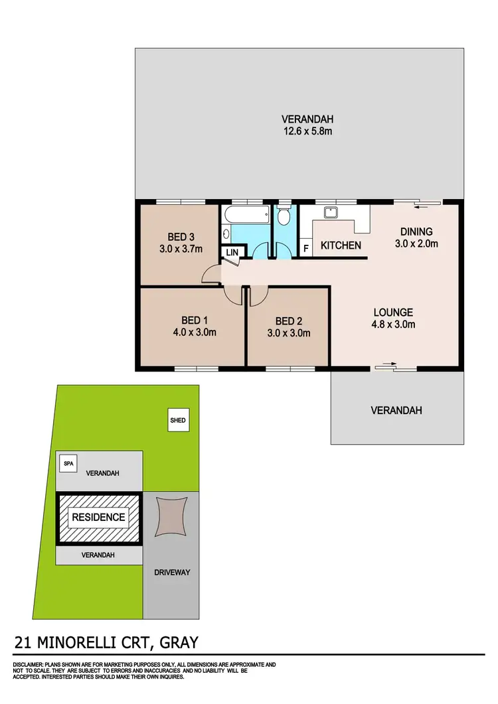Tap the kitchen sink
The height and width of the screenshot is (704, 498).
[x=330, y=213]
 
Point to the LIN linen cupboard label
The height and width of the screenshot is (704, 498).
[x=232, y=252]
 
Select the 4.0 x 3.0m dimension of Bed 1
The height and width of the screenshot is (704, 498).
[x=190, y=332]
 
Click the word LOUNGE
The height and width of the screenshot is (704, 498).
[x=393, y=312]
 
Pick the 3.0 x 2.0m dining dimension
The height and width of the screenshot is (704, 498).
[x=416, y=244]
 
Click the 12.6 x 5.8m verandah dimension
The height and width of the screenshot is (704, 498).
[x=307, y=131]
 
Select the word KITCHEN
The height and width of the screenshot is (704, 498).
[x=341, y=246]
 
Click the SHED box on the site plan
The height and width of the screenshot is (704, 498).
[x=177, y=421]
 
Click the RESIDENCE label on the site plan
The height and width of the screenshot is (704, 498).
[x=98, y=517]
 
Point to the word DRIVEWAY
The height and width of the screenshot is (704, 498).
[x=172, y=571]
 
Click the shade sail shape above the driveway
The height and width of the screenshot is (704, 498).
[x=172, y=517]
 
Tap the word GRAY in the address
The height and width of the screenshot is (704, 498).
[x=175, y=642]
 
